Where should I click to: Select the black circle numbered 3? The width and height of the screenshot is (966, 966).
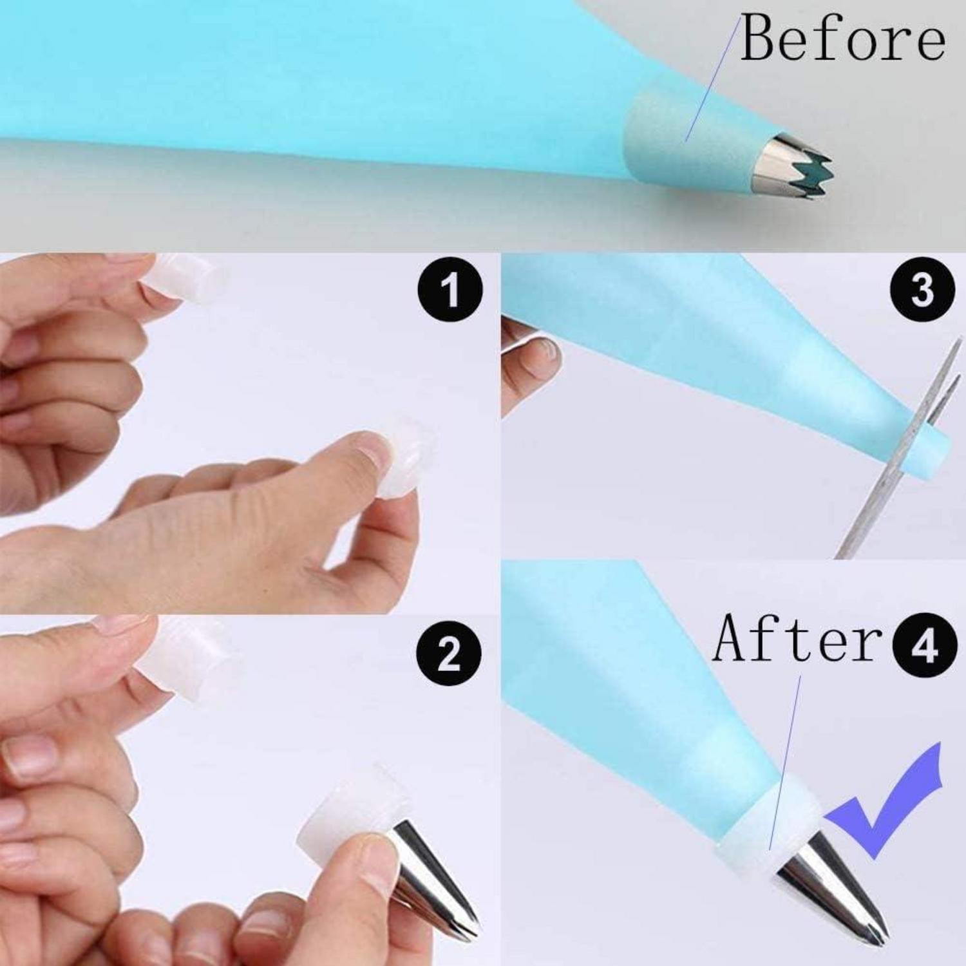922,290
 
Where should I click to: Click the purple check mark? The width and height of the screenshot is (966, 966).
892,805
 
